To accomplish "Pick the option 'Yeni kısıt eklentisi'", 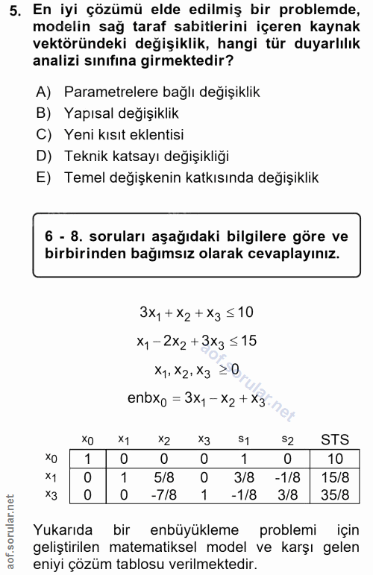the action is (x=124, y=135).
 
